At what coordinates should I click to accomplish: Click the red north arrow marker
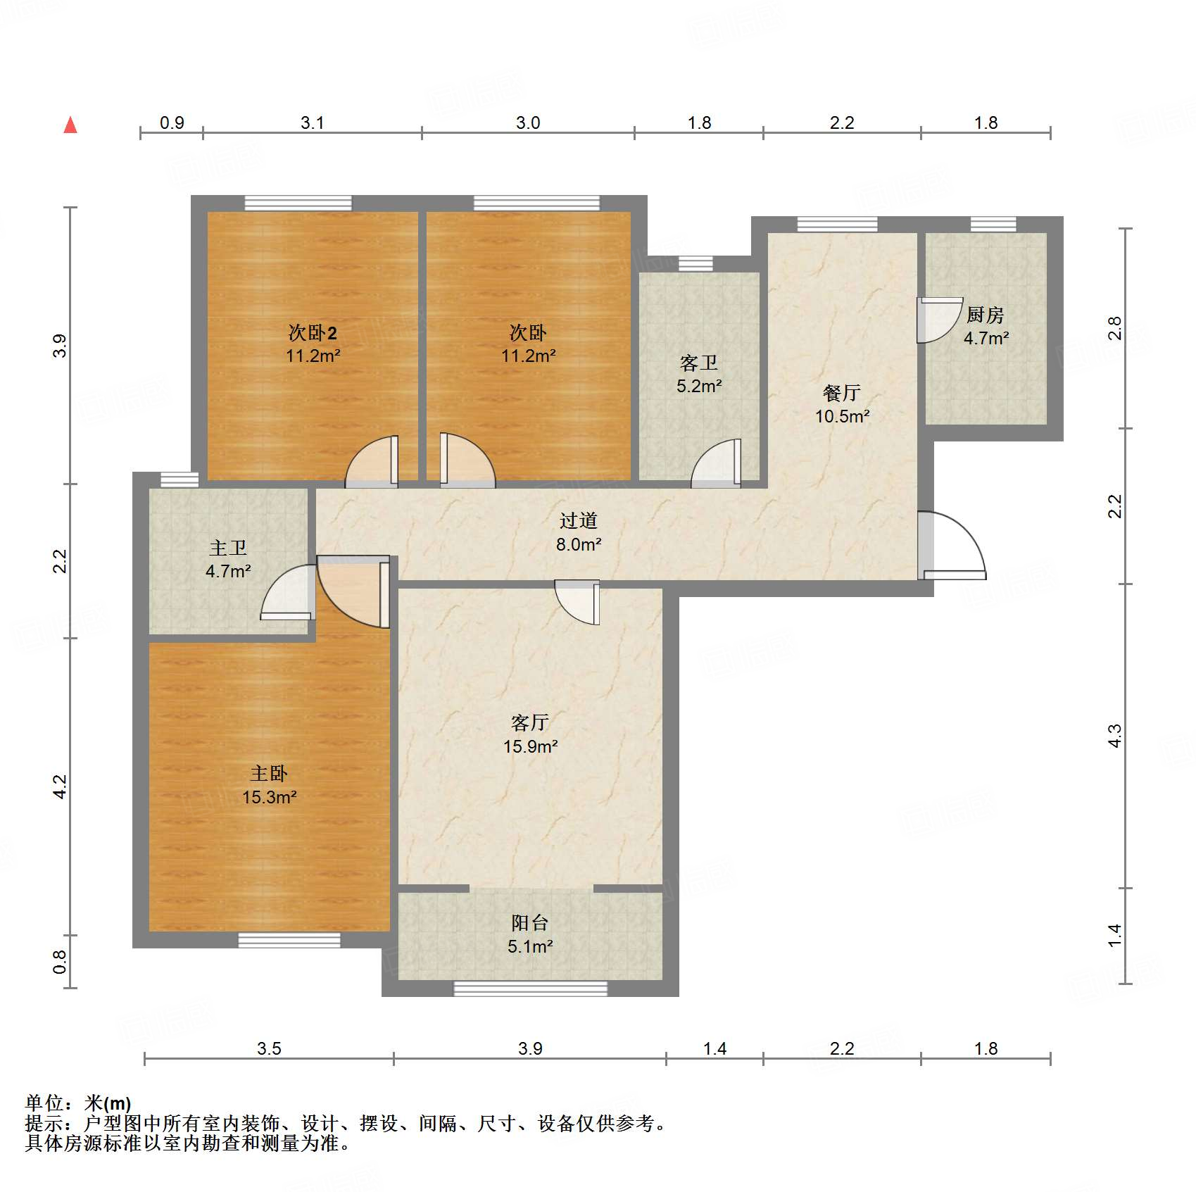70,125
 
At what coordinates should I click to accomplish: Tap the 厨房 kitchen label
985,315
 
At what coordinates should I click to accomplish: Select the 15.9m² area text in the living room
531,746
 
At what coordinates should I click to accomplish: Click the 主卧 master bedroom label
269,774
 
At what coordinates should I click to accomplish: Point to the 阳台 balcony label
530,923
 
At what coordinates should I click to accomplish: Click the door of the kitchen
939,320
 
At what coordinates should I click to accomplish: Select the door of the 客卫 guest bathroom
716,463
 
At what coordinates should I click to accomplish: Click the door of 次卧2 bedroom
372,462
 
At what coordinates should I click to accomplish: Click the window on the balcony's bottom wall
530,989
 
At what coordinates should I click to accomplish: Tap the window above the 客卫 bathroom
695,264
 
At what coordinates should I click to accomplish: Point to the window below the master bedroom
289,940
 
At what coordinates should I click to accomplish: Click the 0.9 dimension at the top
172,123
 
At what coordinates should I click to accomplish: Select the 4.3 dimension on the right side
1114,736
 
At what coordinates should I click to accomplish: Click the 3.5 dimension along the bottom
269,1048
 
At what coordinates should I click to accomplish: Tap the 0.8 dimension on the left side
61,962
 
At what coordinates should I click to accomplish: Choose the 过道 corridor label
579,520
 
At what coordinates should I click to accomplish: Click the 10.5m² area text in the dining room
843,416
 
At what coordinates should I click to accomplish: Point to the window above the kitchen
993,225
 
